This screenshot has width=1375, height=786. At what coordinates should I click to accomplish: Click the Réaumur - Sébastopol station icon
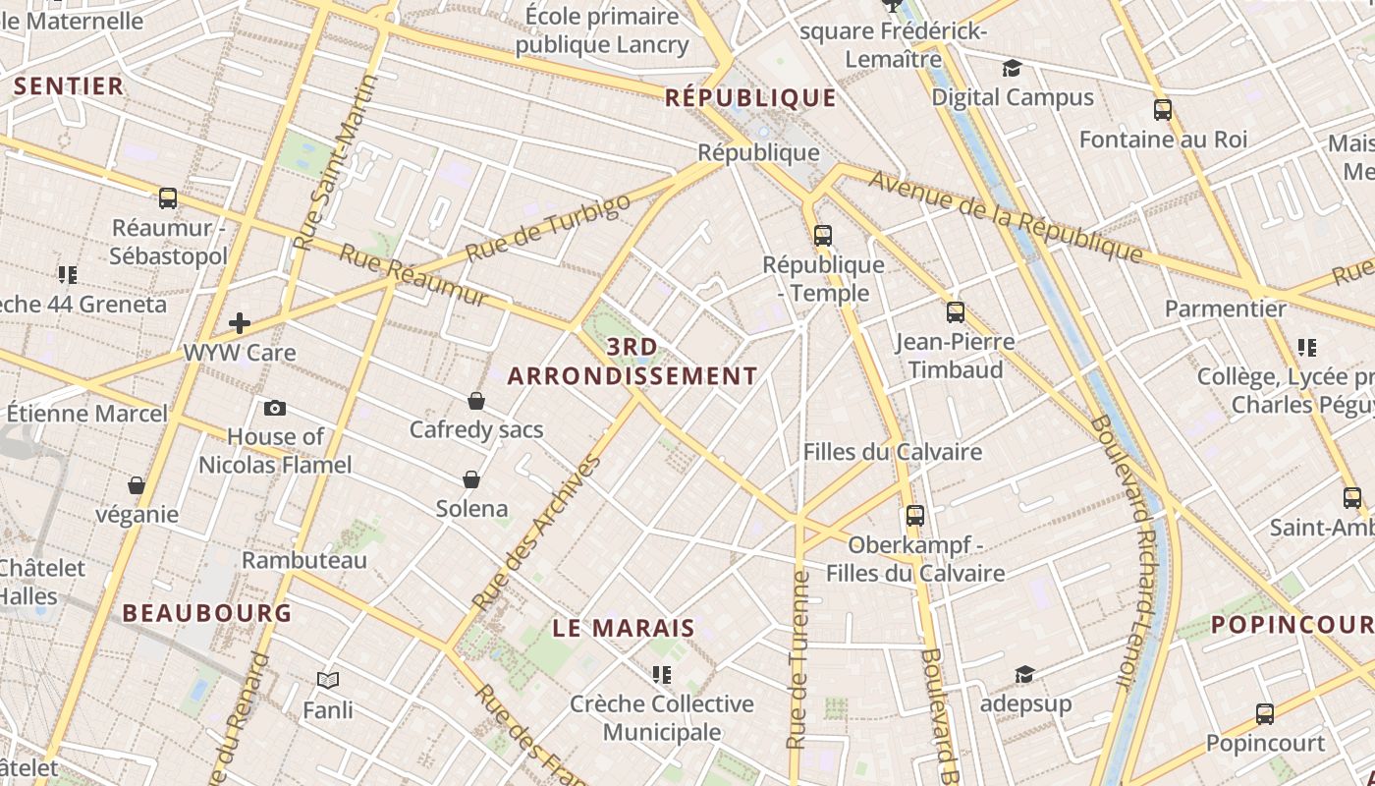tap(168, 198)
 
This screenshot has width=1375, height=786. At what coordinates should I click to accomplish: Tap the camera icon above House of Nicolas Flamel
tap(275, 408)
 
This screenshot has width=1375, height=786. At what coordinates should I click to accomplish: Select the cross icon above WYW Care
tap(240, 323)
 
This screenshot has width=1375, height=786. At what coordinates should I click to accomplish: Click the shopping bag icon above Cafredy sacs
tap(476, 401)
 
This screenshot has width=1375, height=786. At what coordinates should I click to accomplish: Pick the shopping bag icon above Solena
tap(471, 479)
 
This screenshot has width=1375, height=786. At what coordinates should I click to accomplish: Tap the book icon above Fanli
tap(328, 680)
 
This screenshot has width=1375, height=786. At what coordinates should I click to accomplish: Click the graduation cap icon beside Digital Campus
tap(1012, 68)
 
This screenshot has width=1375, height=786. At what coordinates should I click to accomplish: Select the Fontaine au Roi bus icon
tap(1163, 110)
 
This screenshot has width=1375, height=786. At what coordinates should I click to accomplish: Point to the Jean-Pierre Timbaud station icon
tap(956, 312)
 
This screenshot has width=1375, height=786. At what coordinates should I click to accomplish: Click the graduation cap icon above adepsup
tap(1024, 674)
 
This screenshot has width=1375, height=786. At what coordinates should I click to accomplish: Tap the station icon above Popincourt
tap(1265, 714)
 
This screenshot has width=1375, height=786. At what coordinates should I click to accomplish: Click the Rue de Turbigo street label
tap(548, 228)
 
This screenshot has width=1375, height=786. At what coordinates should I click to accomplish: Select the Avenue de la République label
tap(1007, 218)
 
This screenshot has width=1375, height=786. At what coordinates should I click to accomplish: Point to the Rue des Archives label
tap(536, 533)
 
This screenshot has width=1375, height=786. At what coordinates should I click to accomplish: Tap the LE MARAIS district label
tap(624, 628)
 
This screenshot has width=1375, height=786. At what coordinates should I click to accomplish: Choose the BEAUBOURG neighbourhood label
tap(207, 613)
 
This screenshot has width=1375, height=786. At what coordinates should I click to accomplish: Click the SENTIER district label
tap(69, 85)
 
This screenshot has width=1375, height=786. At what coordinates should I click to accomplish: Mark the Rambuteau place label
tap(304, 560)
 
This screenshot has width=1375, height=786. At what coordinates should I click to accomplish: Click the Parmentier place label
tap(1225, 309)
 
